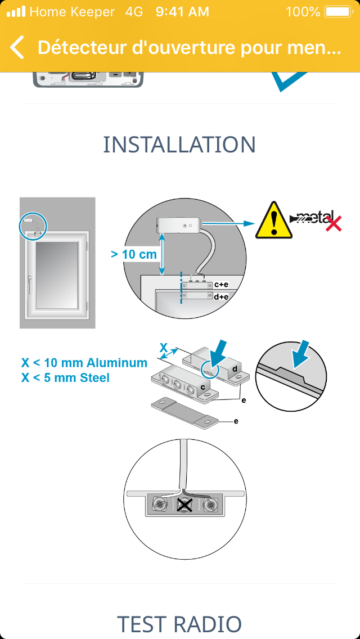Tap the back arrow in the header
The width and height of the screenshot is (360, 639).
(17, 47)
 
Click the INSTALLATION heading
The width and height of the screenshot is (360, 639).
(179, 144)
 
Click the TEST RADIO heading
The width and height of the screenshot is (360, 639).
(179, 624)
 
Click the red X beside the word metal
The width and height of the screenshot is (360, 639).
(334, 224)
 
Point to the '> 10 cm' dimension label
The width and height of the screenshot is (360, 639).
(134, 255)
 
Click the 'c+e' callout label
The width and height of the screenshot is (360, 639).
(220, 285)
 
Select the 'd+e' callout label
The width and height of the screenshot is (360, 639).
(221, 296)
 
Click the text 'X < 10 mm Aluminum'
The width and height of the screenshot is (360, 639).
(84, 363)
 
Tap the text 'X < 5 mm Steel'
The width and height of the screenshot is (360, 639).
(65, 378)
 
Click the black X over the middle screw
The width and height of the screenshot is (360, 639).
(186, 505)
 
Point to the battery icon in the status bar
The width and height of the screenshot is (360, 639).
(337, 12)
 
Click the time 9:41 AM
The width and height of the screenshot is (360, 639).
(182, 12)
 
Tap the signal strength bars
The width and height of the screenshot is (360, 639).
(16, 12)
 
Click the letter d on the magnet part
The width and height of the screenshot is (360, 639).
(235, 369)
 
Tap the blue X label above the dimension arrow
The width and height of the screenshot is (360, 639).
(164, 348)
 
